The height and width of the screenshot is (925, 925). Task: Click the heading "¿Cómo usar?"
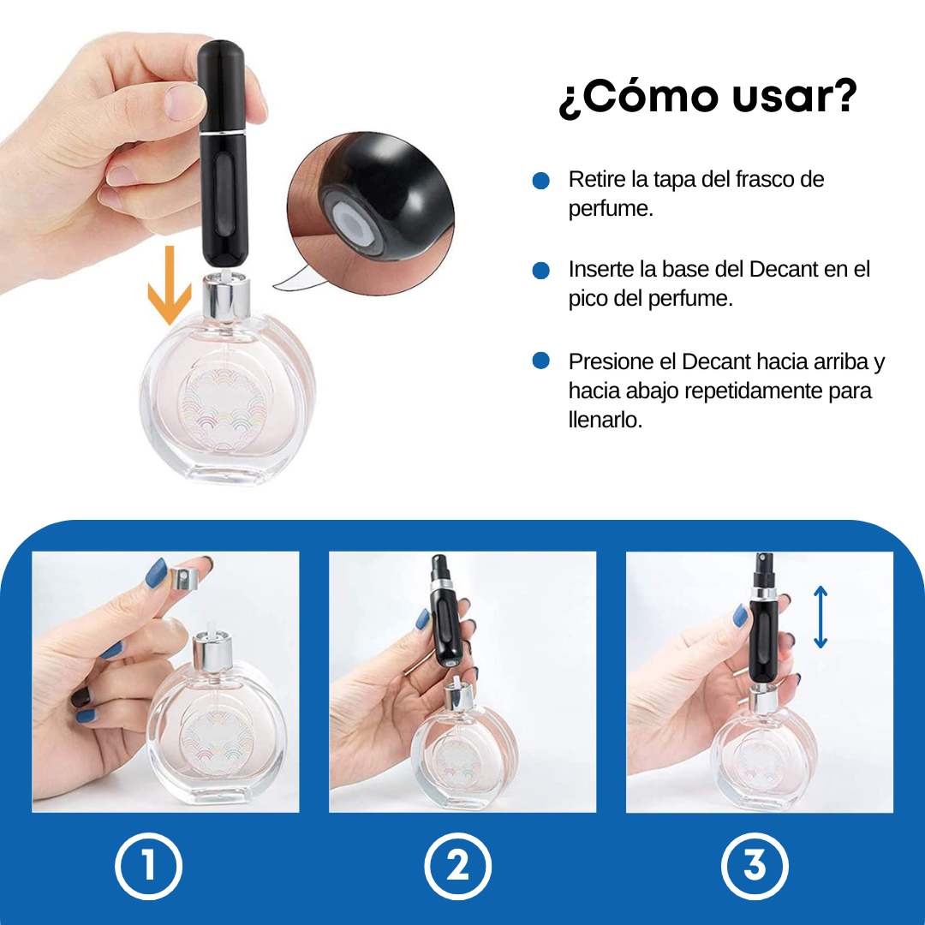[707, 97]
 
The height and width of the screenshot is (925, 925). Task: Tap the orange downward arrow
[170, 285]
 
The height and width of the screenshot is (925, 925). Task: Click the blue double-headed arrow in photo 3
[820, 617]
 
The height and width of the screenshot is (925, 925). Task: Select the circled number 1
[149, 866]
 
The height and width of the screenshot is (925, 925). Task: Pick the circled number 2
[457, 866]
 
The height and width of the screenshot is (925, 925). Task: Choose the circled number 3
[755, 866]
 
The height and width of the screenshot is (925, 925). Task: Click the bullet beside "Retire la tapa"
[541, 181]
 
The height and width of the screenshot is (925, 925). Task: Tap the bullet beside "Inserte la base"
[541, 270]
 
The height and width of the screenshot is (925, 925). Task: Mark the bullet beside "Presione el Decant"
[541, 361]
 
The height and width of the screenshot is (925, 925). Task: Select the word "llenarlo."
[606, 420]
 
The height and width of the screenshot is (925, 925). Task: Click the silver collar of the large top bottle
[226, 298]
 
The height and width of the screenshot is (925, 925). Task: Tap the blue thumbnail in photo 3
[740, 617]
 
